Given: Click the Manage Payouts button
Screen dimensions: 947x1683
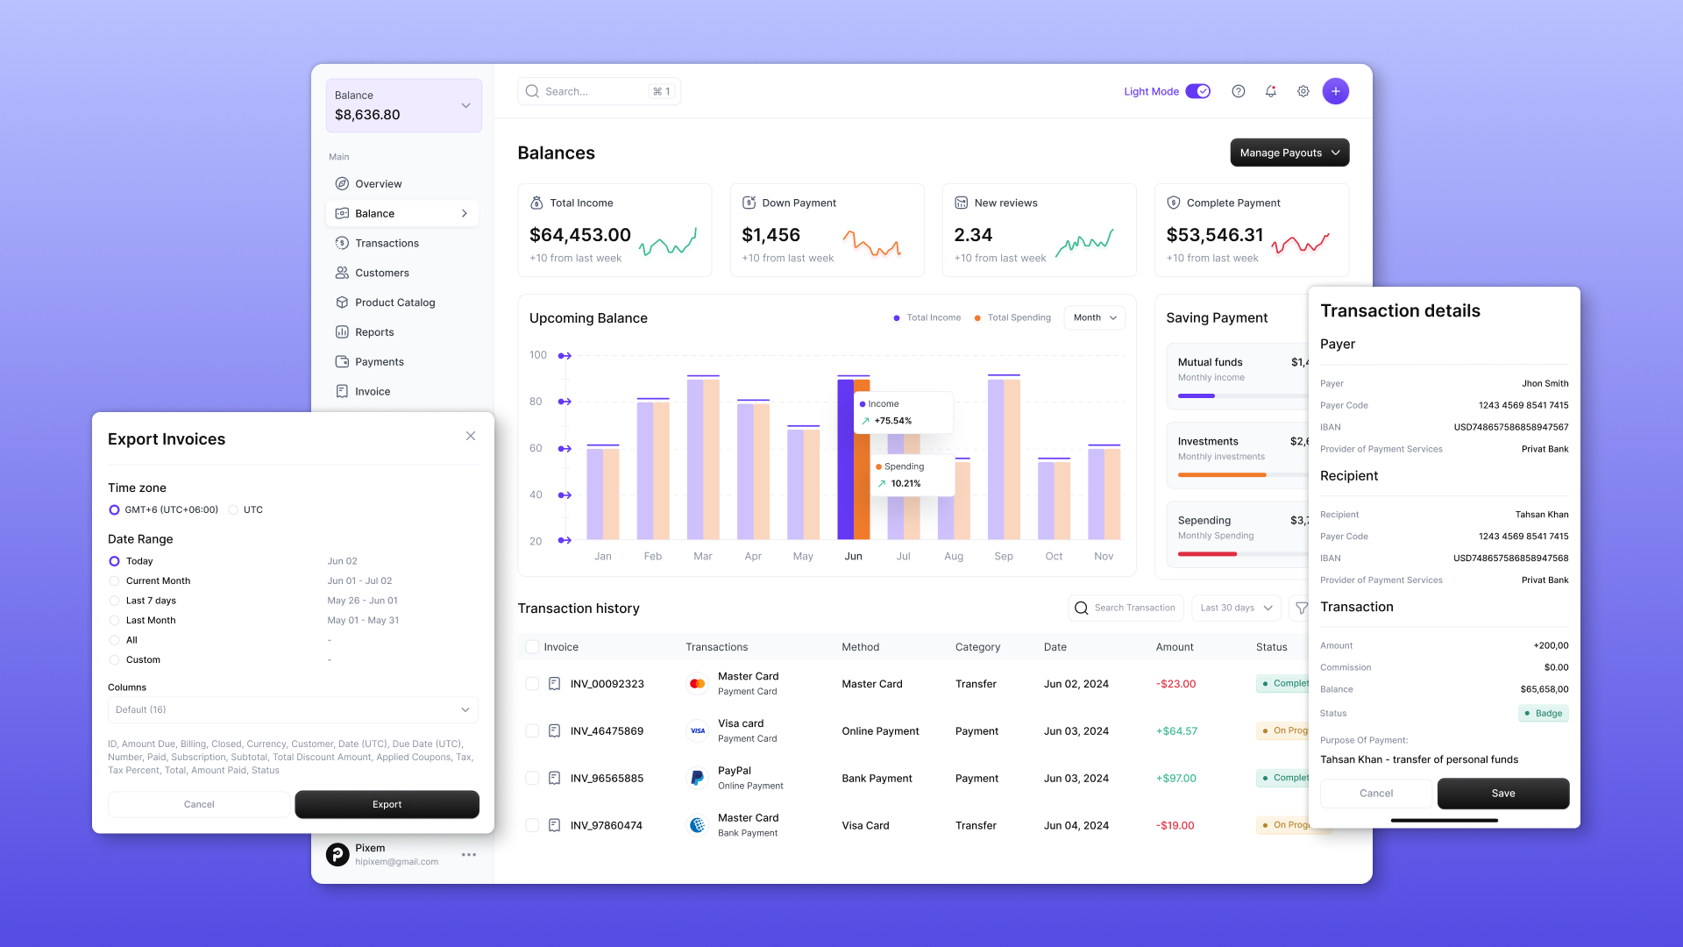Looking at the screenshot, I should [x=1289, y=153].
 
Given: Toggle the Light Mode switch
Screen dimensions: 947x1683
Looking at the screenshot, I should [x=1197, y=91].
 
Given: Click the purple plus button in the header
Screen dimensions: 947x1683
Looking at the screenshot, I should [x=1335, y=91].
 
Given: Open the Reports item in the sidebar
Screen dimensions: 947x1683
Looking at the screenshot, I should [x=374, y=332].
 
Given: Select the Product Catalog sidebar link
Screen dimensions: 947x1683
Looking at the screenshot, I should [x=394, y=303].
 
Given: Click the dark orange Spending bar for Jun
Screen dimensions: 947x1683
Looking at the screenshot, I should [x=863, y=465].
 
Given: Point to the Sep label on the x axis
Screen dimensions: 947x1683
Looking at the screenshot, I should [x=1004, y=557].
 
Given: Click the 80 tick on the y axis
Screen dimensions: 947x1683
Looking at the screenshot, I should [x=536, y=402].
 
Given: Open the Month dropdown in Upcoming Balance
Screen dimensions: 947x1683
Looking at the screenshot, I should [x=1094, y=317].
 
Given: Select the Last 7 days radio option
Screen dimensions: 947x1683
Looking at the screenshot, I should [x=114, y=601].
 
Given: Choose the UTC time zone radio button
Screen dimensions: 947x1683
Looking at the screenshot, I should [x=233, y=509].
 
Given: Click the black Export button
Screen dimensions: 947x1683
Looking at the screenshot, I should [x=387, y=804].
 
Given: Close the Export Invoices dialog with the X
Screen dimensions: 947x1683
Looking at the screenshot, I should [x=471, y=436].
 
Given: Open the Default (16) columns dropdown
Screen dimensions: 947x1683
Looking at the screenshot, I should [x=293, y=709].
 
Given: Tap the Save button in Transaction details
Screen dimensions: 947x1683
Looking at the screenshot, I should [x=1502, y=794].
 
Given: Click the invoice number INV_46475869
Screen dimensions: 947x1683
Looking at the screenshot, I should [x=607, y=731].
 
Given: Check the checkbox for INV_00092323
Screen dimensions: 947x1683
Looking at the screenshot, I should [x=532, y=684].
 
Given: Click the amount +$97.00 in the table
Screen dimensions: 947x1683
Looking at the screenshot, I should [x=1175, y=779].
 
